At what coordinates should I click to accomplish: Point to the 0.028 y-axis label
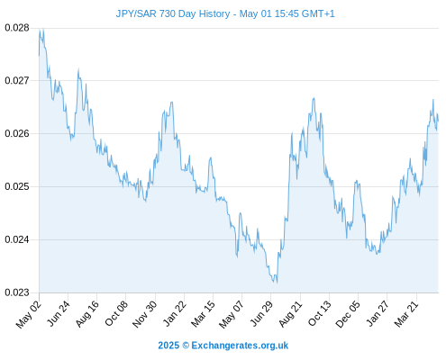point(17,28)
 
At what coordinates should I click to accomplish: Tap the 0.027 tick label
point(17,80)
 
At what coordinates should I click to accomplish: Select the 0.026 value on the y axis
point(17,133)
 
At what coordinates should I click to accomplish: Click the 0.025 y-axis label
point(17,186)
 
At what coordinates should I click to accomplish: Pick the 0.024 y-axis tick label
point(17,239)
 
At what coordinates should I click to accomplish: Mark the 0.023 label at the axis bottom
point(17,292)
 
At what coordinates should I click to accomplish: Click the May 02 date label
point(29,314)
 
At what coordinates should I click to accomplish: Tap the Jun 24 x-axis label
point(59,313)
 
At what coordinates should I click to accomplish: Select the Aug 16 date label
point(87,314)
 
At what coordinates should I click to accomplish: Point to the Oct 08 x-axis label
point(116,313)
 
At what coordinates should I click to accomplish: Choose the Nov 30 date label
point(145,314)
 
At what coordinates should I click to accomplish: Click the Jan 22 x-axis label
point(175,313)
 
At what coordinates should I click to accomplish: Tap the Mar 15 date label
point(203,314)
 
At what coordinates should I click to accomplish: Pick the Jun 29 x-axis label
point(261,313)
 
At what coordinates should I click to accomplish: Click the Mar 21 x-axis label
point(406,314)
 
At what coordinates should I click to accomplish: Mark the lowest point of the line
point(277,283)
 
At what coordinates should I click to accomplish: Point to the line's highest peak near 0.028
point(43,29)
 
